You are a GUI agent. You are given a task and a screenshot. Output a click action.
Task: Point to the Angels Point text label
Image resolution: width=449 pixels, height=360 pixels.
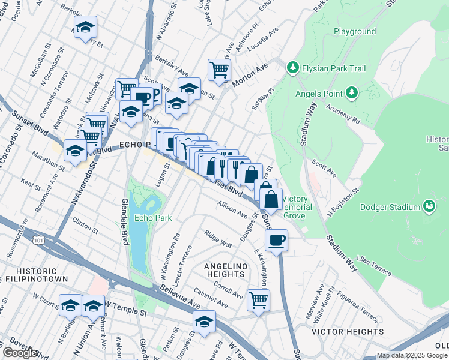coord(318,94)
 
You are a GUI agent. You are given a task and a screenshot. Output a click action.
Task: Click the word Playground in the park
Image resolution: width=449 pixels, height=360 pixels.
coord(355,31)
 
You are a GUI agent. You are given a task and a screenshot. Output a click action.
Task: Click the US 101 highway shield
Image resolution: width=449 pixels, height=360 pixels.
coord(39,240)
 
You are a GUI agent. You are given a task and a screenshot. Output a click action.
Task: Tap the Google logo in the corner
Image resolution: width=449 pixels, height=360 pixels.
coord(20,353)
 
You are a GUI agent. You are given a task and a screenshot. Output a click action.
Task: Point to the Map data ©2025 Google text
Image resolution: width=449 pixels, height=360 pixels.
coord(412,355)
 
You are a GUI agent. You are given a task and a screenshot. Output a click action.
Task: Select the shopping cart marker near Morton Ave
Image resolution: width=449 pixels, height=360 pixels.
coord(219,69)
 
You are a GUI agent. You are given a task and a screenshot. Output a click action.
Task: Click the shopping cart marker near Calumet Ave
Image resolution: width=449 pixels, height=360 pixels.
coord(258,299)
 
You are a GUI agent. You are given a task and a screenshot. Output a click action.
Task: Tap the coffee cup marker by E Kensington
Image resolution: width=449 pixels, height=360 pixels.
coord(276,241)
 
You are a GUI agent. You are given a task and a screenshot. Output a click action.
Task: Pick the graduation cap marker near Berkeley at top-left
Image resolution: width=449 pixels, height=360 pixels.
coord(86,26)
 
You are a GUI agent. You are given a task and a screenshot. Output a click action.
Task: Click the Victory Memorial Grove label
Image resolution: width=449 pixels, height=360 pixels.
coord(297,207)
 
